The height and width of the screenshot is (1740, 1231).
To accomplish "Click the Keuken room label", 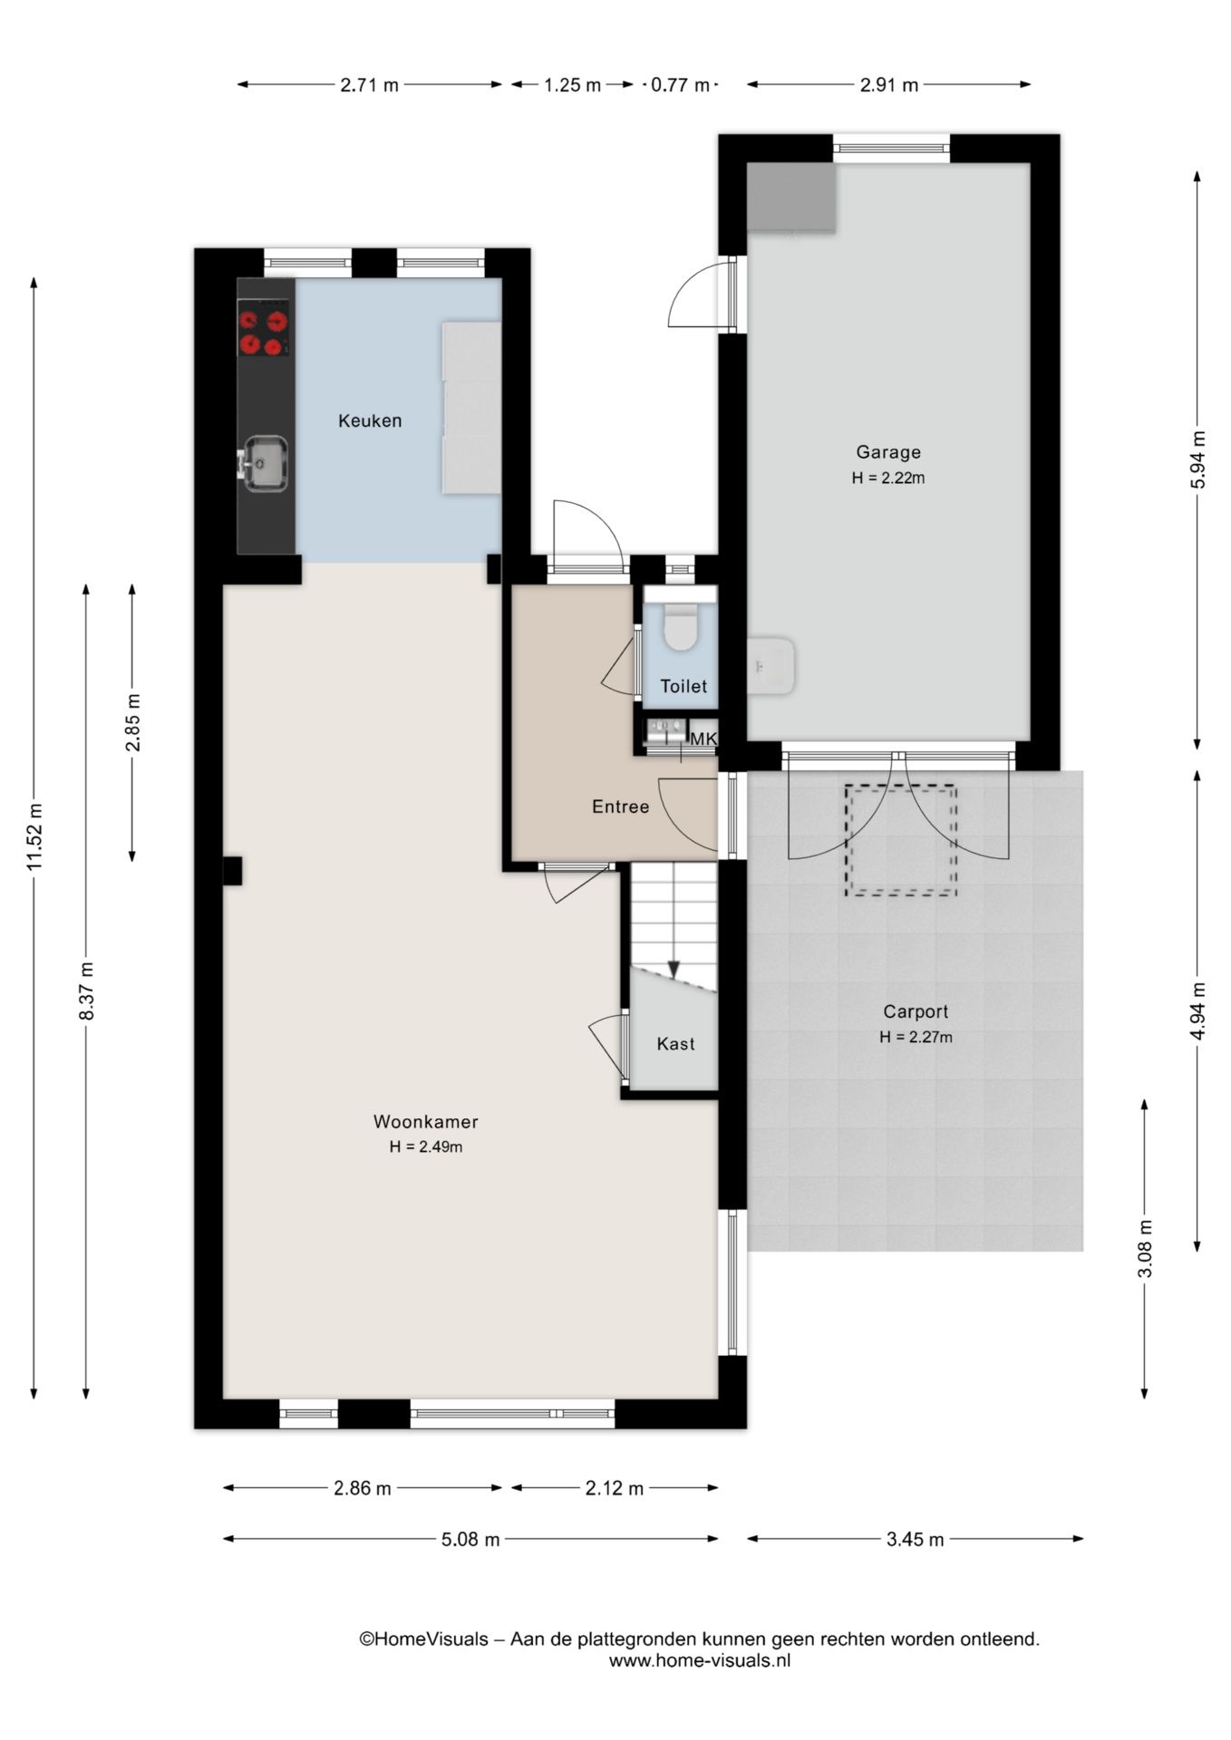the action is [370, 420].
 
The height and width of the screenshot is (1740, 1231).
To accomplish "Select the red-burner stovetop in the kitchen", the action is [264, 332].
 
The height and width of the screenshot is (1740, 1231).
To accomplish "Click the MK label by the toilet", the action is [703, 739].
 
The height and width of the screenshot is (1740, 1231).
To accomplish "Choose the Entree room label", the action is [621, 807].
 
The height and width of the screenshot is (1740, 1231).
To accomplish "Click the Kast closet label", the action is [675, 1044].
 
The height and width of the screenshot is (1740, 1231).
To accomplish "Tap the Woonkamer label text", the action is [425, 1121].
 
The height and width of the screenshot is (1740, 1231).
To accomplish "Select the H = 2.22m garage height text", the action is [888, 478].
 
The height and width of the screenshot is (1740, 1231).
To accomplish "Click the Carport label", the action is [916, 1011].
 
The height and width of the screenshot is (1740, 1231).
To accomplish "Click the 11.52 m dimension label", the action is [34, 837].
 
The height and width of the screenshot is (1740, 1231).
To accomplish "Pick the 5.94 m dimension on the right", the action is [1197, 459].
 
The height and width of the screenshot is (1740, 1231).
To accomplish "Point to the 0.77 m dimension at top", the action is [680, 85].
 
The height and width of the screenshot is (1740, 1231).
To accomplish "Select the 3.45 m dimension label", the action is [915, 1539].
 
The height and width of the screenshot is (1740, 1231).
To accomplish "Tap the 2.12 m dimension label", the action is [615, 1488].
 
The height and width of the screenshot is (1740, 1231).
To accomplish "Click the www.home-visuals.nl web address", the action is [700, 1660].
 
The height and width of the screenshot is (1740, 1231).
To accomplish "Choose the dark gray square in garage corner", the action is [791, 198].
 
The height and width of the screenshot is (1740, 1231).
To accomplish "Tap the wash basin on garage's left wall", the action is [771, 666].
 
